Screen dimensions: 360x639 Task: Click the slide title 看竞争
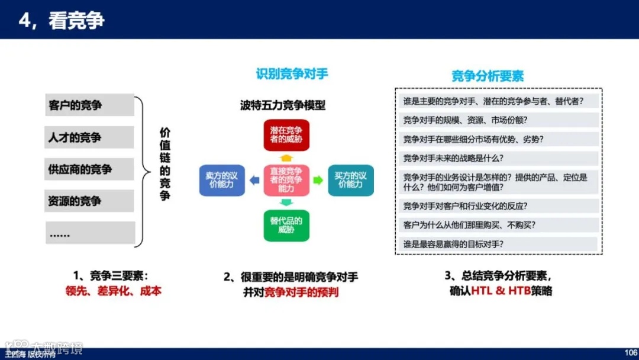coord(62,21)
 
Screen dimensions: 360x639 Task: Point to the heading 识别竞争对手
coord(292,74)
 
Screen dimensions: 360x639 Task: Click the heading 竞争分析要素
coord(488,76)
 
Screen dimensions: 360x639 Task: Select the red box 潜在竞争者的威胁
coord(286,135)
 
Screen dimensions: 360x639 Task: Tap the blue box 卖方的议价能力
coord(221,180)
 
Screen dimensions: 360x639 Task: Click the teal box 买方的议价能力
coord(351,180)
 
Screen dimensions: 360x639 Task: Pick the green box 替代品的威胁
coord(286,225)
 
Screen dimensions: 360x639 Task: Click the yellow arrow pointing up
coord(286,157)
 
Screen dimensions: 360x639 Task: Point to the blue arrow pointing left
coord(254,180)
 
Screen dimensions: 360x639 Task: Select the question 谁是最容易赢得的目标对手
coord(453,244)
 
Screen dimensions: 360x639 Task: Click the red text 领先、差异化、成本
coord(113,291)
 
